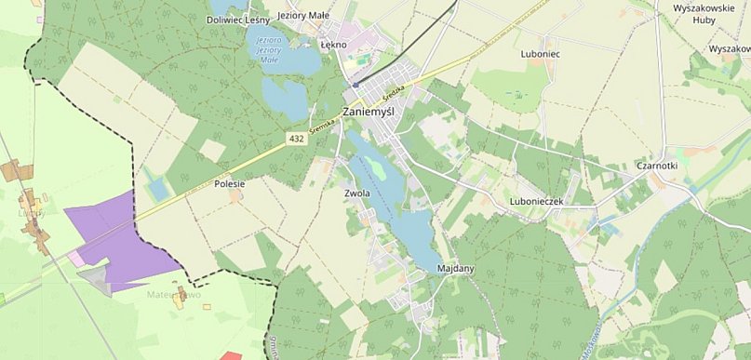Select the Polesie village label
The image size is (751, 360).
pyautogui.click(x=229, y=184)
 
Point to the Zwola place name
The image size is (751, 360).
pyautogui.click(x=357, y=193)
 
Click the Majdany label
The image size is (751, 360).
pyautogui.click(x=456, y=269)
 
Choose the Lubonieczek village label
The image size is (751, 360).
pyautogui.click(x=537, y=201)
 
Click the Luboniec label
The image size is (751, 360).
pyautogui.click(x=541, y=54)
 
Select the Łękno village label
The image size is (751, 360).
pyautogui.click(x=333, y=45)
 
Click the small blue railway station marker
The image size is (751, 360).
pyautogui.click(x=355, y=84)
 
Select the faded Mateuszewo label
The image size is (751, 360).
pyautogui.click(x=174, y=295)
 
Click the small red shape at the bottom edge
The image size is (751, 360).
pyautogui.click(x=231, y=355)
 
